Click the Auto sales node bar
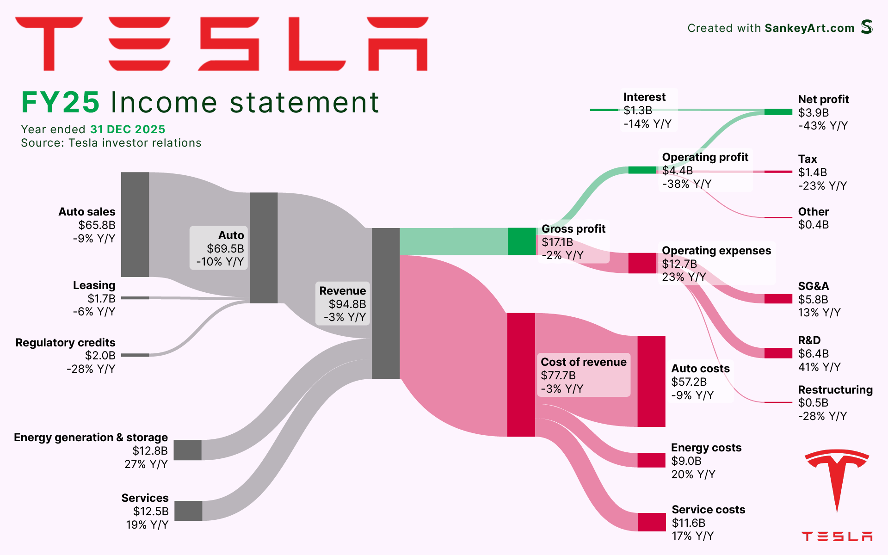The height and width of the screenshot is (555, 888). [x=135, y=224]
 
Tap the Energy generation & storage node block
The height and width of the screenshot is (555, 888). [x=187, y=450]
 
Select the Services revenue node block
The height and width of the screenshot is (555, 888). [x=188, y=511]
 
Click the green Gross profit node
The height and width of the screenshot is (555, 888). [x=522, y=241]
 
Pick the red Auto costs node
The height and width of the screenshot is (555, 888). [x=651, y=381]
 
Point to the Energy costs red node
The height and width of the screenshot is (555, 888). [x=651, y=460]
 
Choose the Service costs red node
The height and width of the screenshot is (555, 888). [x=652, y=522]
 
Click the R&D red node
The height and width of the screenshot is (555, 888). [x=778, y=353]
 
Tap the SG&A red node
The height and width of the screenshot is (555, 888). [x=778, y=299]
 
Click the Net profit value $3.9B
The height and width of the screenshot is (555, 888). [x=813, y=112]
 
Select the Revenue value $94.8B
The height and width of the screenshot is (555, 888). [x=347, y=304]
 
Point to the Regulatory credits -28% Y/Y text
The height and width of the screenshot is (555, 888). [x=91, y=369]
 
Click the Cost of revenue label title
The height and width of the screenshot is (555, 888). [x=583, y=362]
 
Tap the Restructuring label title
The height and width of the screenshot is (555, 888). [x=835, y=389]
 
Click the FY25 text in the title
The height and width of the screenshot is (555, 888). [x=60, y=102]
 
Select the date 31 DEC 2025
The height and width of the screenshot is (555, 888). [x=128, y=129]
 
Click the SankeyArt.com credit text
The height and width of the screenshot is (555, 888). [x=809, y=28]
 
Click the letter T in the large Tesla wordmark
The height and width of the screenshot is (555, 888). [x=49, y=44]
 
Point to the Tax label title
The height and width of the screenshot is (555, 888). [x=807, y=159]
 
